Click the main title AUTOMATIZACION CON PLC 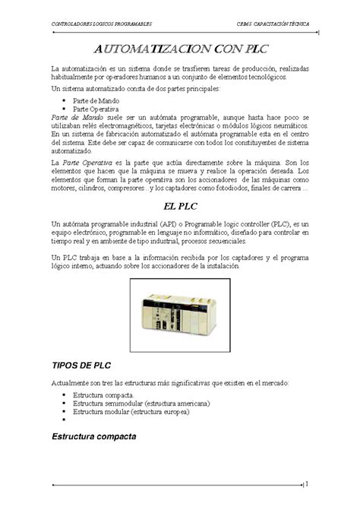[x=179, y=49]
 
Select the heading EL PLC [x=179, y=206]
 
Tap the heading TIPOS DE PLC [x=81, y=365]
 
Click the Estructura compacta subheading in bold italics [x=93, y=438]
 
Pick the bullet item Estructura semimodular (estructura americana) [x=141, y=403]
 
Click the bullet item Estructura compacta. [x=103, y=395]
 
